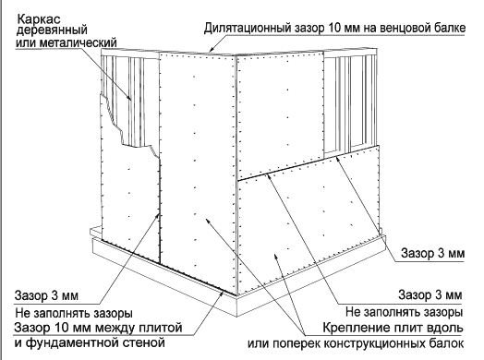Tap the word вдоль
(x=443, y=328)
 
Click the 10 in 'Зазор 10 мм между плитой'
(x=63, y=328)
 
